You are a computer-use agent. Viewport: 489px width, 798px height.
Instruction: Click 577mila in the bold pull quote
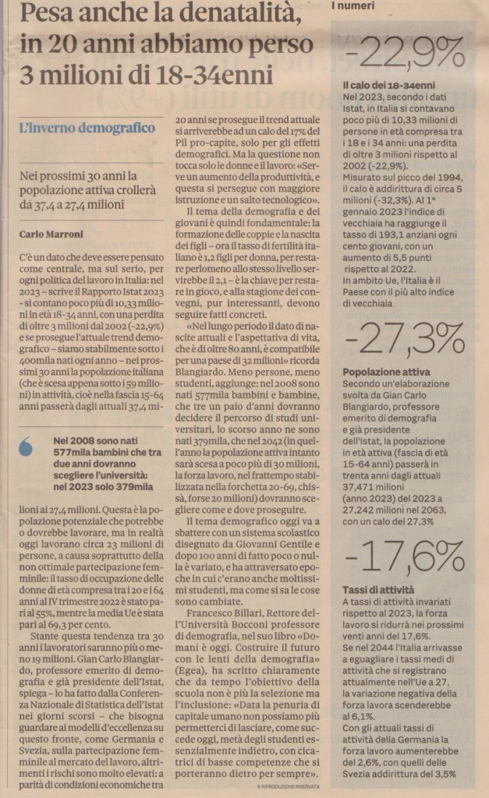coord(72,455)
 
